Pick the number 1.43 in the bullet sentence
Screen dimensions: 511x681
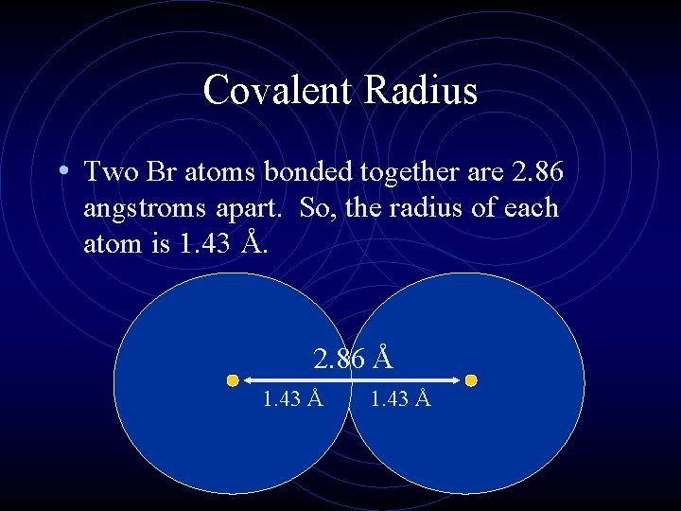click(x=203, y=244)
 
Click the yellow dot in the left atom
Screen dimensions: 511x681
click(x=233, y=380)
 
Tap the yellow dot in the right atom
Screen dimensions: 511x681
click(x=471, y=380)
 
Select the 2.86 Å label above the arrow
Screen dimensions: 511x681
click(x=353, y=359)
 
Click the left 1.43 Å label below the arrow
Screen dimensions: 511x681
click(x=293, y=399)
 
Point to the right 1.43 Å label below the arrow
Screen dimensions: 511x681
click(x=400, y=399)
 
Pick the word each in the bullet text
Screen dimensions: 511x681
click(x=532, y=208)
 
